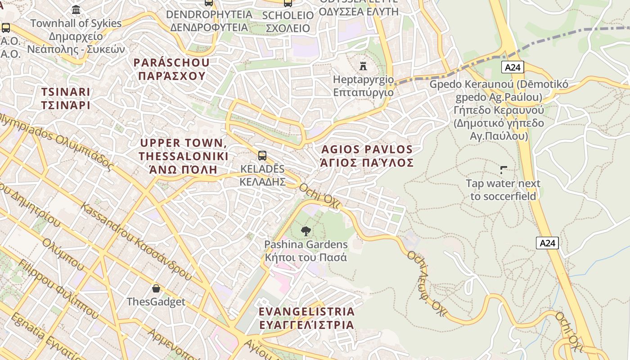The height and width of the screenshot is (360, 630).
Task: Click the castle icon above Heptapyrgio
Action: click(x=363, y=66)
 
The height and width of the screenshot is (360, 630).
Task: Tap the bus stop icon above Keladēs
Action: click(x=262, y=156)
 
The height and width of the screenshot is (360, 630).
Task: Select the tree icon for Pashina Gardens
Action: click(x=306, y=231)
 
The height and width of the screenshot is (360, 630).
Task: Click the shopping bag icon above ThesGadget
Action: click(x=156, y=288)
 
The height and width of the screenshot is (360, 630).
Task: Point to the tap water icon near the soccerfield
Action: click(x=504, y=170)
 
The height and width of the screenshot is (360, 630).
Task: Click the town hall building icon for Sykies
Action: click(x=76, y=9)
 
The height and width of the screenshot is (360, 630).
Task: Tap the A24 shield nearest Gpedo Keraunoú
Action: click(x=513, y=67)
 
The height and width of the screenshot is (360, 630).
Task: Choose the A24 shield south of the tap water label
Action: click(x=547, y=243)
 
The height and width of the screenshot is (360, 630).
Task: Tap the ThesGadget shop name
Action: click(x=156, y=301)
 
